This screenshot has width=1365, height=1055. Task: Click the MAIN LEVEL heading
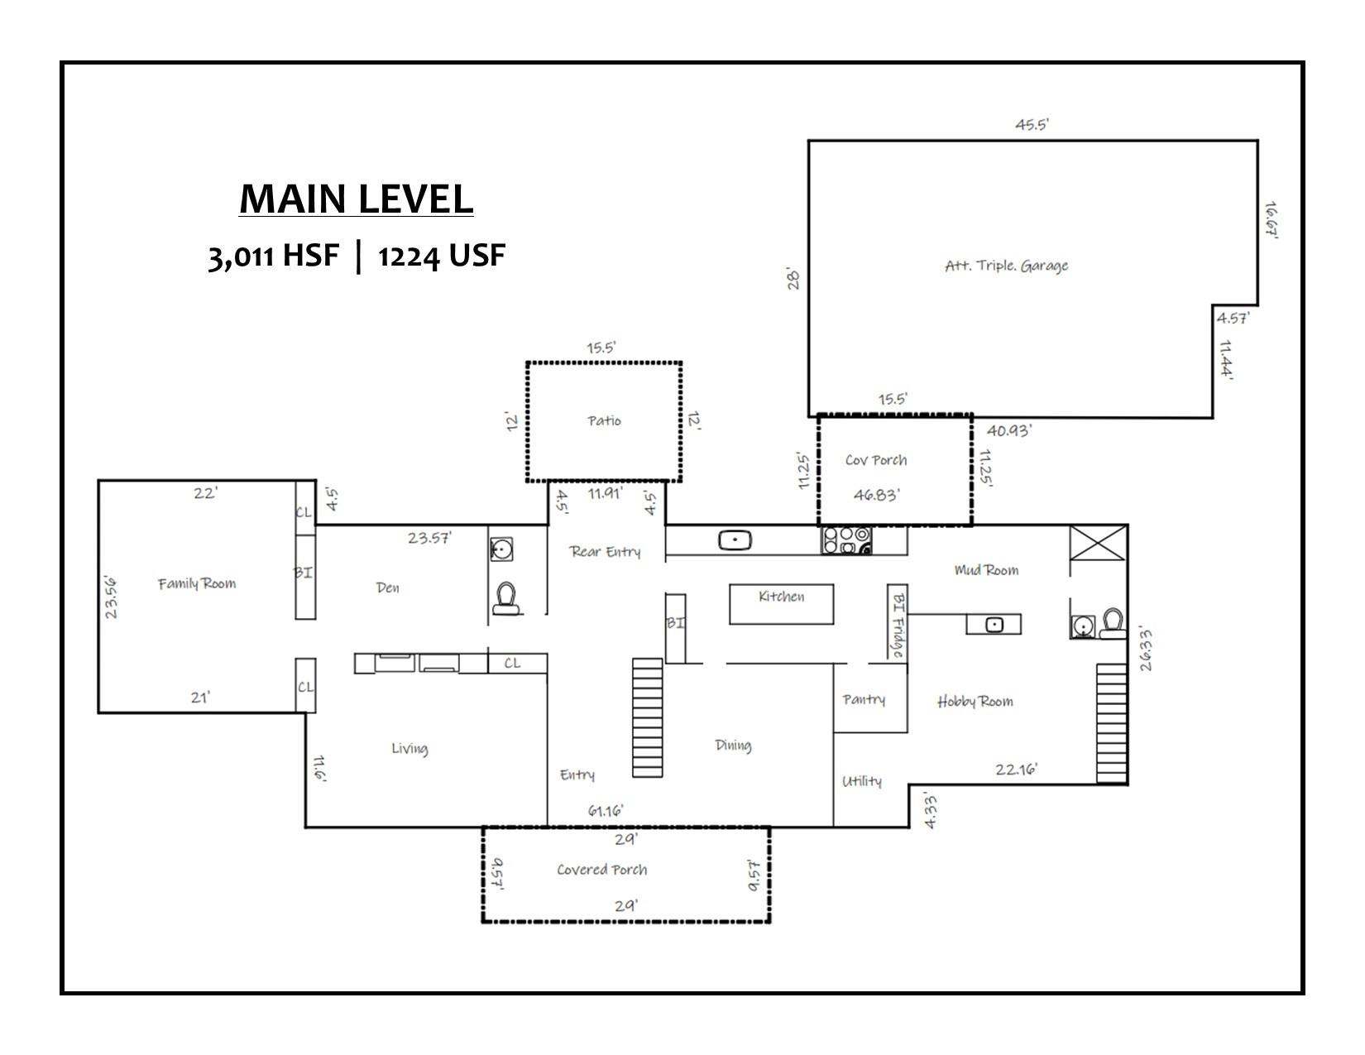[x=356, y=199]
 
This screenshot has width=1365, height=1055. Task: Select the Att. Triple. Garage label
[x=1006, y=266]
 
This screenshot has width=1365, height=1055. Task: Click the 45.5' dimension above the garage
[x=1032, y=125]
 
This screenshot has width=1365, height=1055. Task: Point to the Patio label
[x=604, y=420]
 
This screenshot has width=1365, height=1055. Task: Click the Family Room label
[x=197, y=583]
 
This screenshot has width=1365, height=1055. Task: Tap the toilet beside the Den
[x=505, y=597]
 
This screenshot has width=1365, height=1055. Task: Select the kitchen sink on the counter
[x=734, y=540]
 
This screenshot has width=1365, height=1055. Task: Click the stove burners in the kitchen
[x=846, y=540]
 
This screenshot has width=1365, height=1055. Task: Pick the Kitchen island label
[x=781, y=597]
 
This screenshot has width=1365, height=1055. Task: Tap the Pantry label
[x=864, y=699]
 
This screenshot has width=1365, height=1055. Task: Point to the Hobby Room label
[x=975, y=702]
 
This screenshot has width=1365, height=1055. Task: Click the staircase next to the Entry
[x=647, y=717]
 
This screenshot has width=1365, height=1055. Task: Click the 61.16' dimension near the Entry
[x=606, y=810]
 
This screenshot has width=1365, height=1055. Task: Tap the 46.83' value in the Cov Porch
[x=876, y=495]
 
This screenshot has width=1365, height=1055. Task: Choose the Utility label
[x=861, y=781]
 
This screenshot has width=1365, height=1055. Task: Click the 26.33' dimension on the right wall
[x=1145, y=648]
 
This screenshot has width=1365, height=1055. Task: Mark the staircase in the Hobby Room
[x=1112, y=722]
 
